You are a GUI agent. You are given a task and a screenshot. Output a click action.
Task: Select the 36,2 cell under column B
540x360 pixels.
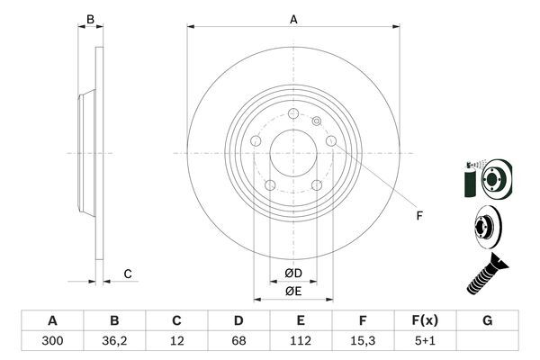click(114, 341)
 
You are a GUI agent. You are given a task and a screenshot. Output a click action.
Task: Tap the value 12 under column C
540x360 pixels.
click(176, 341)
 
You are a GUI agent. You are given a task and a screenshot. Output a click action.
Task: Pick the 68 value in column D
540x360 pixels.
click(238, 341)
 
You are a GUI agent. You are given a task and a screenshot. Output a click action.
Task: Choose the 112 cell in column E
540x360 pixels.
click(301, 341)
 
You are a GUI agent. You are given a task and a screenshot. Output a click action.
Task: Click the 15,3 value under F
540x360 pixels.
click(363, 341)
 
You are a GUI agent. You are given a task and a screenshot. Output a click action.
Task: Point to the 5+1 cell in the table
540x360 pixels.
click(425, 341)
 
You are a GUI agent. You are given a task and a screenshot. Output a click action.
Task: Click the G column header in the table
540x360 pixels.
click(487, 320)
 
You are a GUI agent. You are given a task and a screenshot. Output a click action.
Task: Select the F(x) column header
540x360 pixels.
click(425, 320)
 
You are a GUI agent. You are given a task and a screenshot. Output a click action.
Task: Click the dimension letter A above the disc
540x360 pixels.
click(293, 19)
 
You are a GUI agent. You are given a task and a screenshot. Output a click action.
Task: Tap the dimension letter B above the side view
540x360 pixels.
click(89, 19)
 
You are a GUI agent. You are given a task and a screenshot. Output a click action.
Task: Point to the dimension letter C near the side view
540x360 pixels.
click(128, 274)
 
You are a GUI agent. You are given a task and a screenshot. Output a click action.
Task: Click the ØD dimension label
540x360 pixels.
click(293, 273)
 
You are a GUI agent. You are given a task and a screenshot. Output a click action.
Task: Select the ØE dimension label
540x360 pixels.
click(293, 291)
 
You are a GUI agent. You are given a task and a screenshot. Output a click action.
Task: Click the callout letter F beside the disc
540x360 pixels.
click(418, 215)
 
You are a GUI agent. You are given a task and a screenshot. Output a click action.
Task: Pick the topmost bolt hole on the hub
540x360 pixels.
click(293, 113)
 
